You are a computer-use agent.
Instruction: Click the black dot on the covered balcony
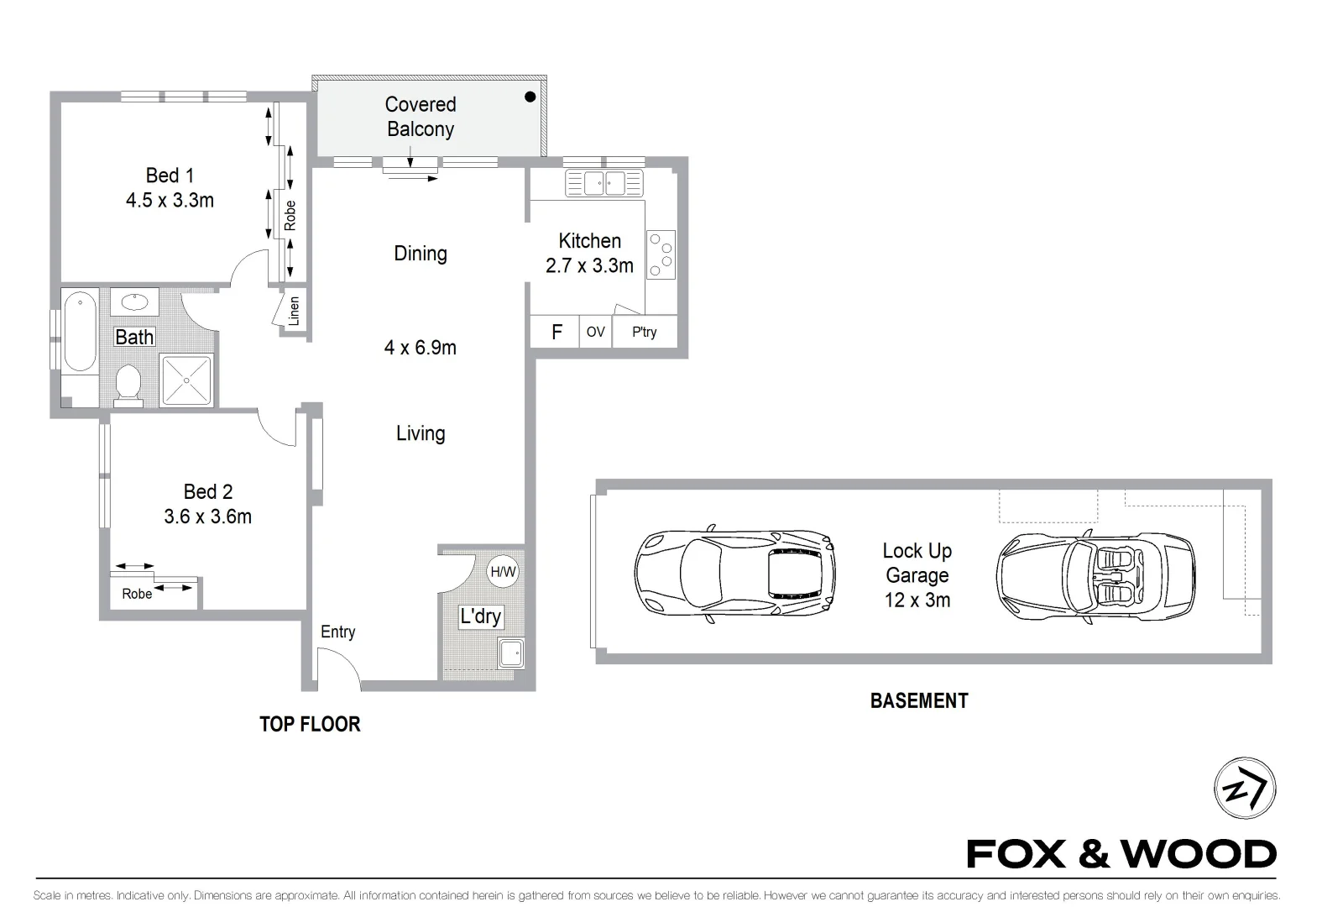tap(530, 97)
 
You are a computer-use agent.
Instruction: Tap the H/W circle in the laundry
tap(503, 572)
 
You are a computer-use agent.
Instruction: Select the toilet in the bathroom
tap(128, 383)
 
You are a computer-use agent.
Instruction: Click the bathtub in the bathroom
tap(79, 331)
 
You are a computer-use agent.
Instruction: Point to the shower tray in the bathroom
tap(186, 380)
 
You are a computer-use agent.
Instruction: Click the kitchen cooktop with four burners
tap(661, 254)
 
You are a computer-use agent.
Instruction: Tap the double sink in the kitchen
tap(604, 182)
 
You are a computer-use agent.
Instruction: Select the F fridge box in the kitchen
tap(556, 332)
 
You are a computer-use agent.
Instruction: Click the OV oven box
tap(595, 332)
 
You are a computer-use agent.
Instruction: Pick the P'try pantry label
tap(645, 332)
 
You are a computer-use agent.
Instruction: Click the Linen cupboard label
tap(294, 311)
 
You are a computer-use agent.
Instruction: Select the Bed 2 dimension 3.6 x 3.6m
tap(207, 516)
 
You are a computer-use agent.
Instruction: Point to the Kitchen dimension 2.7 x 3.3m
tap(589, 266)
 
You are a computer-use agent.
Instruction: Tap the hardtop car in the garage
tap(734, 576)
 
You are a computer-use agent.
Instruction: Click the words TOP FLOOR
tap(310, 724)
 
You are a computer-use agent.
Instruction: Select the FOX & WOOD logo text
tap(1121, 854)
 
